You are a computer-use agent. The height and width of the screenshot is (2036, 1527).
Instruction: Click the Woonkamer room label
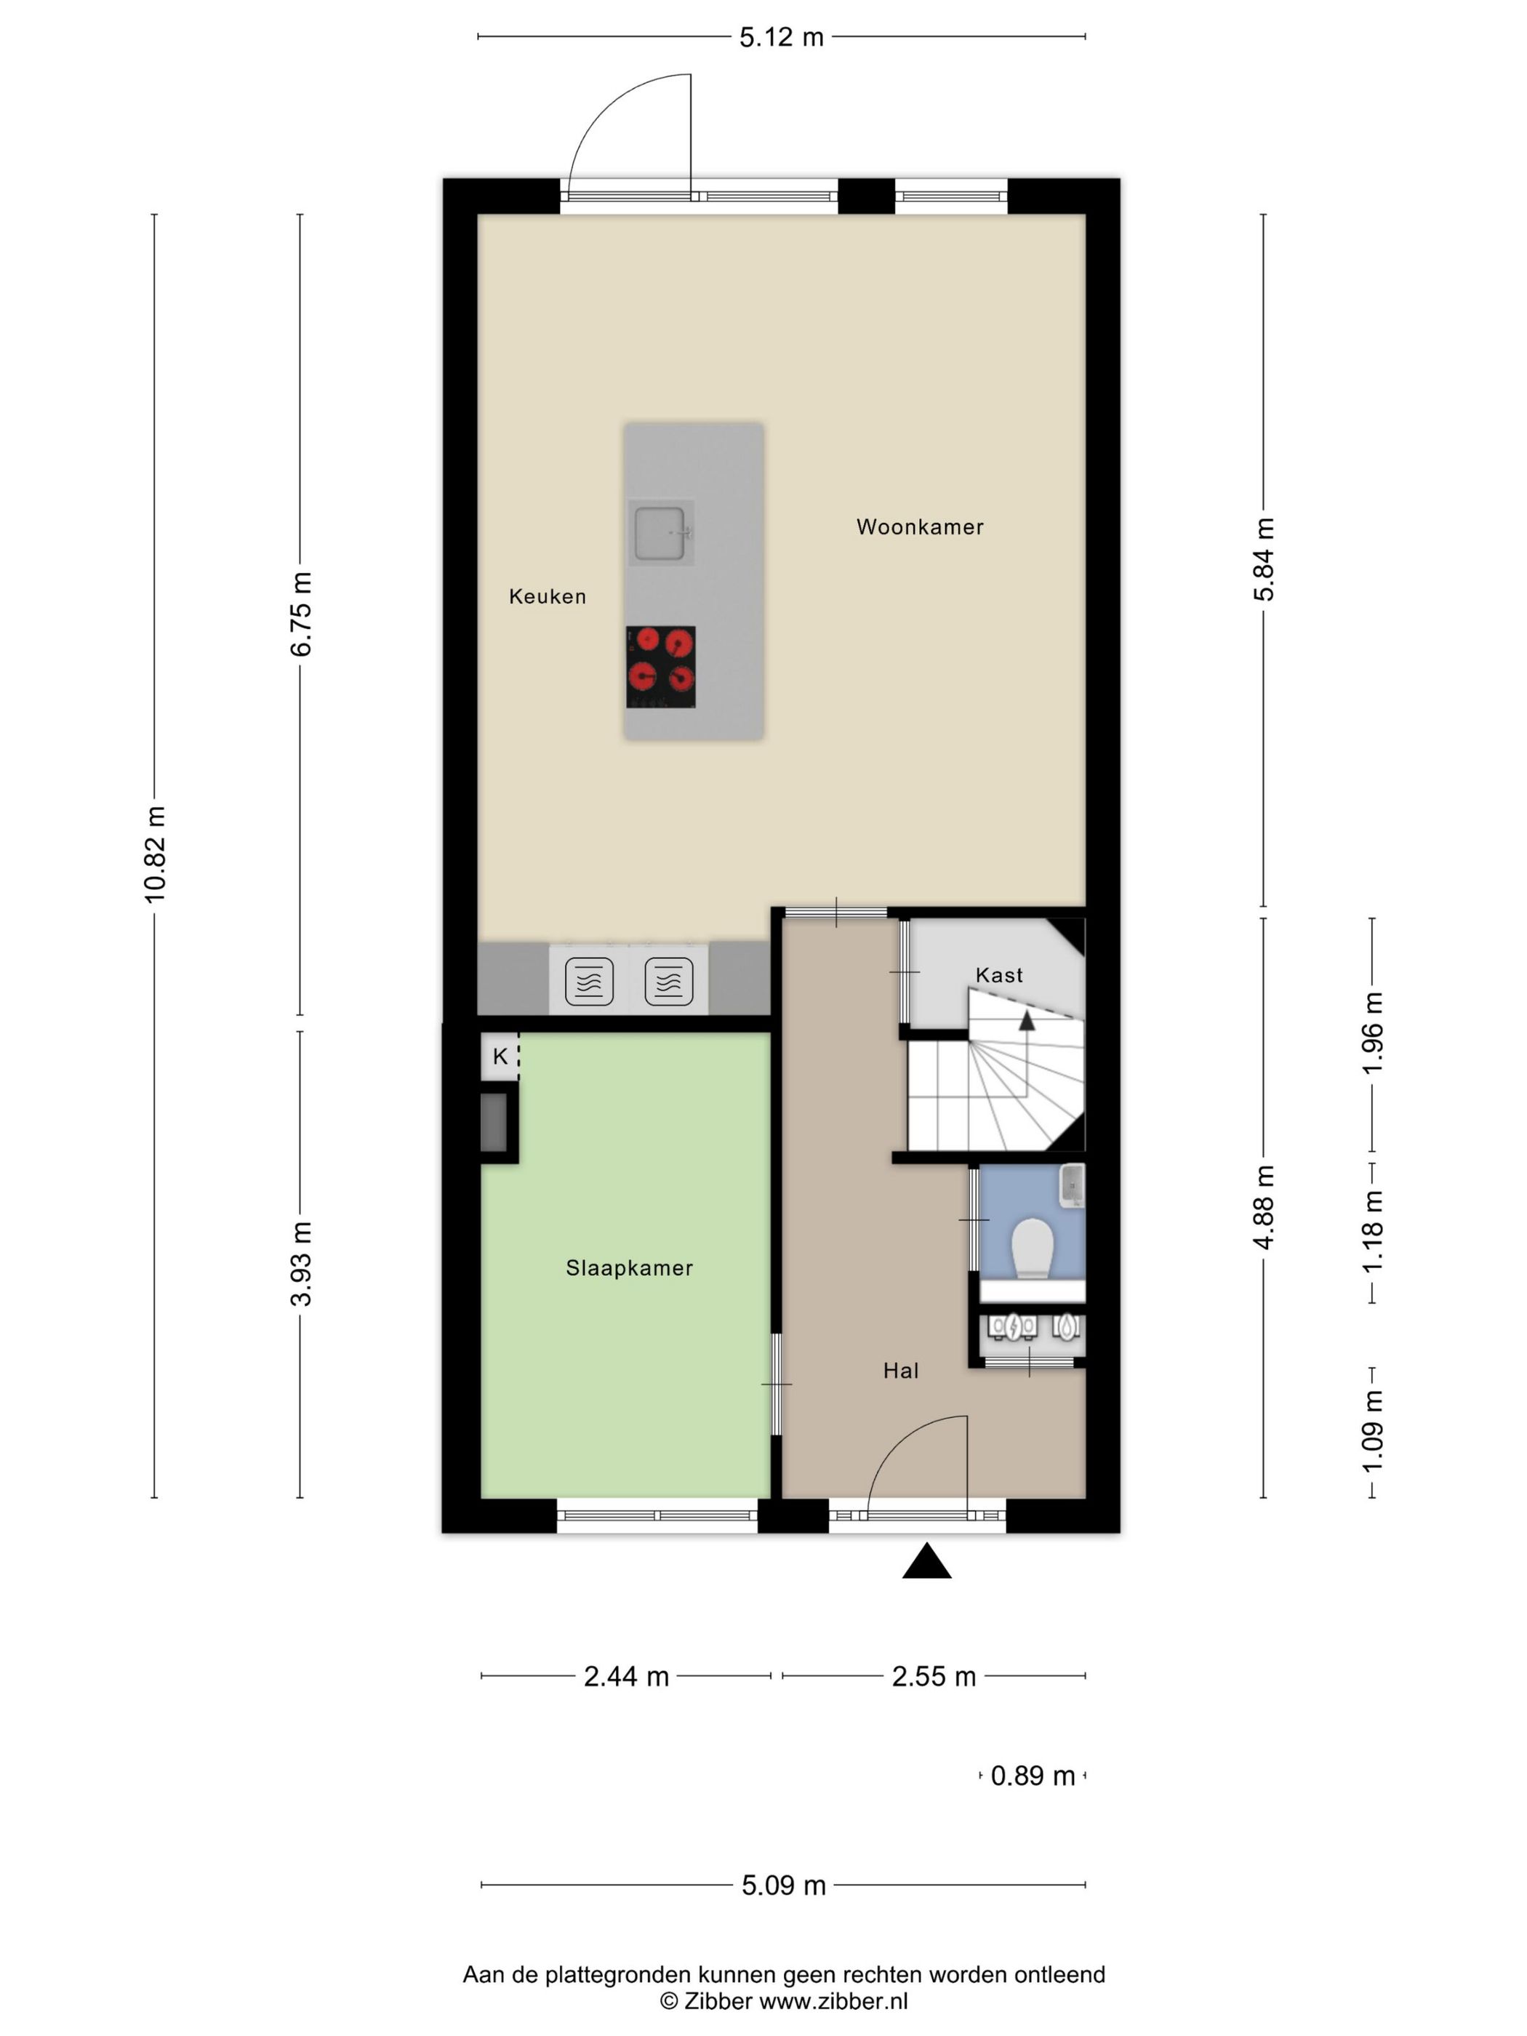[x=920, y=526]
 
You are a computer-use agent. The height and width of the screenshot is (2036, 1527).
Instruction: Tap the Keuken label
[x=548, y=596]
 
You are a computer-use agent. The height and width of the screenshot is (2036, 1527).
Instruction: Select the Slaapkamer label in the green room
[x=630, y=1268]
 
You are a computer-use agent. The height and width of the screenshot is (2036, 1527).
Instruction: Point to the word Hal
[x=901, y=1371]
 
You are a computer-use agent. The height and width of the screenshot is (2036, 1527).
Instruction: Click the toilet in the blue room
[x=1032, y=1248]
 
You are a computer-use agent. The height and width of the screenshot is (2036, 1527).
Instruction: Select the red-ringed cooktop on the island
[x=661, y=668]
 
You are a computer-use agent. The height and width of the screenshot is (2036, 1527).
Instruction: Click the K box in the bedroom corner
[x=500, y=1056]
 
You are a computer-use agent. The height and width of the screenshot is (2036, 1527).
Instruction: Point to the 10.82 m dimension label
[x=155, y=854]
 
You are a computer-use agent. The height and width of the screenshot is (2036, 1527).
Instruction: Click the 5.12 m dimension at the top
[x=782, y=38]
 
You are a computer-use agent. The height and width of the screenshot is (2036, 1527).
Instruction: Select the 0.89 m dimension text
[x=1033, y=1776]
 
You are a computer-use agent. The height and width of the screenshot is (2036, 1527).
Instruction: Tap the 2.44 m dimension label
[x=626, y=1676]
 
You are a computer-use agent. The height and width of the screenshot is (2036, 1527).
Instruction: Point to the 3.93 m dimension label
[x=302, y=1264]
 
